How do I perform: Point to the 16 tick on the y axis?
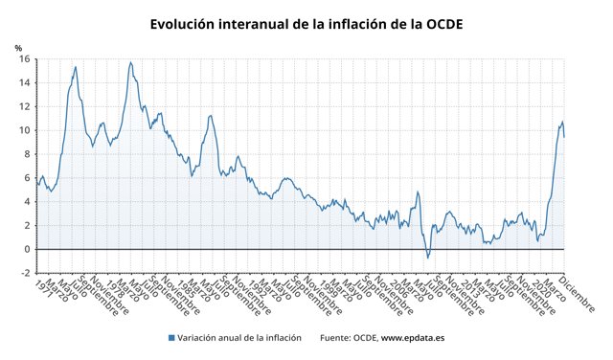point(24,59)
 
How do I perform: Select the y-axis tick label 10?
point(24,130)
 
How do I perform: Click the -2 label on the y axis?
point(24,273)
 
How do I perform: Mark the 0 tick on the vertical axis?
point(26,249)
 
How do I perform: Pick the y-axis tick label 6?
point(26,178)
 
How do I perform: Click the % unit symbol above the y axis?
point(18,47)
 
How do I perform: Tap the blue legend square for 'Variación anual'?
point(171,338)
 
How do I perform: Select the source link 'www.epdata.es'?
point(413,338)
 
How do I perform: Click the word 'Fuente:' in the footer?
point(336,338)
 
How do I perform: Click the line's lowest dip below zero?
point(428,258)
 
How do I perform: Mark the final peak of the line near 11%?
point(562,122)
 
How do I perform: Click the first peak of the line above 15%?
point(76,67)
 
